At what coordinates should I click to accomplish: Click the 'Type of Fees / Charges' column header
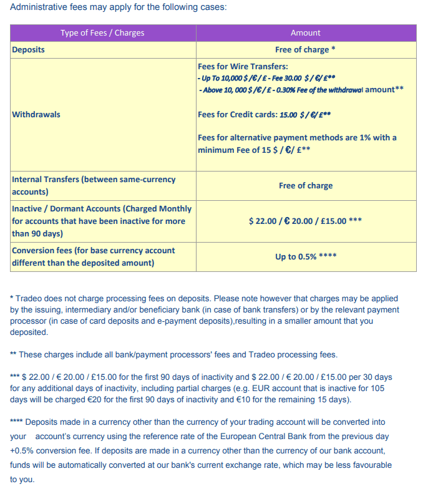coord(102,33)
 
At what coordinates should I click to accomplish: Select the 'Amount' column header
coord(306,33)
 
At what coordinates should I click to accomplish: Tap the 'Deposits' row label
coord(29,49)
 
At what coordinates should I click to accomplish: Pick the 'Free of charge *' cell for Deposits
coord(306,49)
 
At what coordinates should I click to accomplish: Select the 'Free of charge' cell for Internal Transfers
coord(306,186)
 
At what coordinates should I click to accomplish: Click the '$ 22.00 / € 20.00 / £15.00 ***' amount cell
coord(306,221)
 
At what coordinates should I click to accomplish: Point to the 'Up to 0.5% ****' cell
coord(306,256)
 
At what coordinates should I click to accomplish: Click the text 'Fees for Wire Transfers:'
coord(243,66)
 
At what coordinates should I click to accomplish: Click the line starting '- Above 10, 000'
coord(300,90)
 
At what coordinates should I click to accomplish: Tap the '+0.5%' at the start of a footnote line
coord(22,450)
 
